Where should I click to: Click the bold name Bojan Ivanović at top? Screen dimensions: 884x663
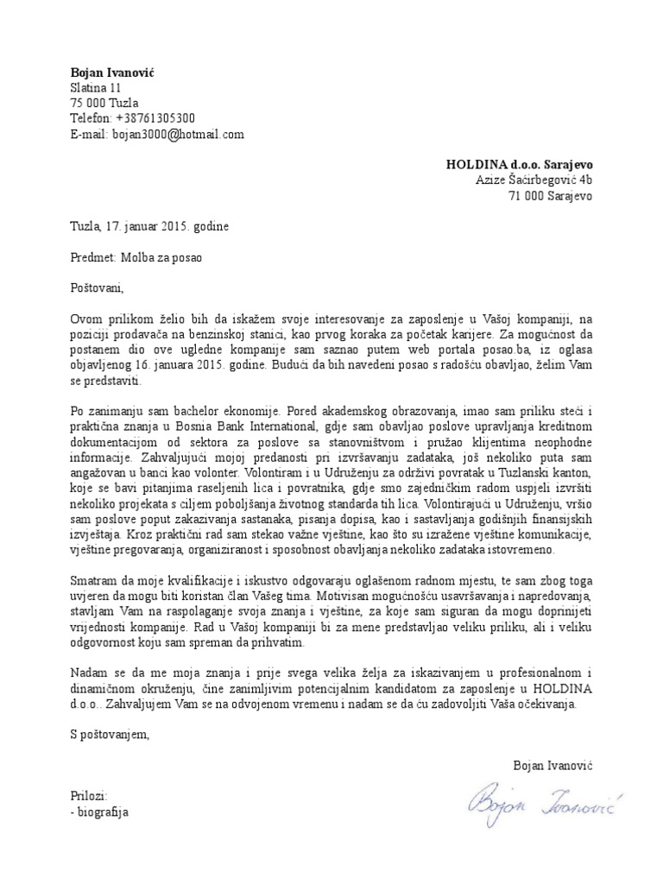pyautogui.click(x=111, y=73)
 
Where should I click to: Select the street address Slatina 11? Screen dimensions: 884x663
pyautogui.click(x=96, y=88)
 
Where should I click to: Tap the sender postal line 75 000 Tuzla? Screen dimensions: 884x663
pyautogui.click(x=104, y=104)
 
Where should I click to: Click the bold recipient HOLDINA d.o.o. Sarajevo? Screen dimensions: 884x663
pyautogui.click(x=519, y=164)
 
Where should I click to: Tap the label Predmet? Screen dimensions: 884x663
pyautogui.click(x=92, y=257)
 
